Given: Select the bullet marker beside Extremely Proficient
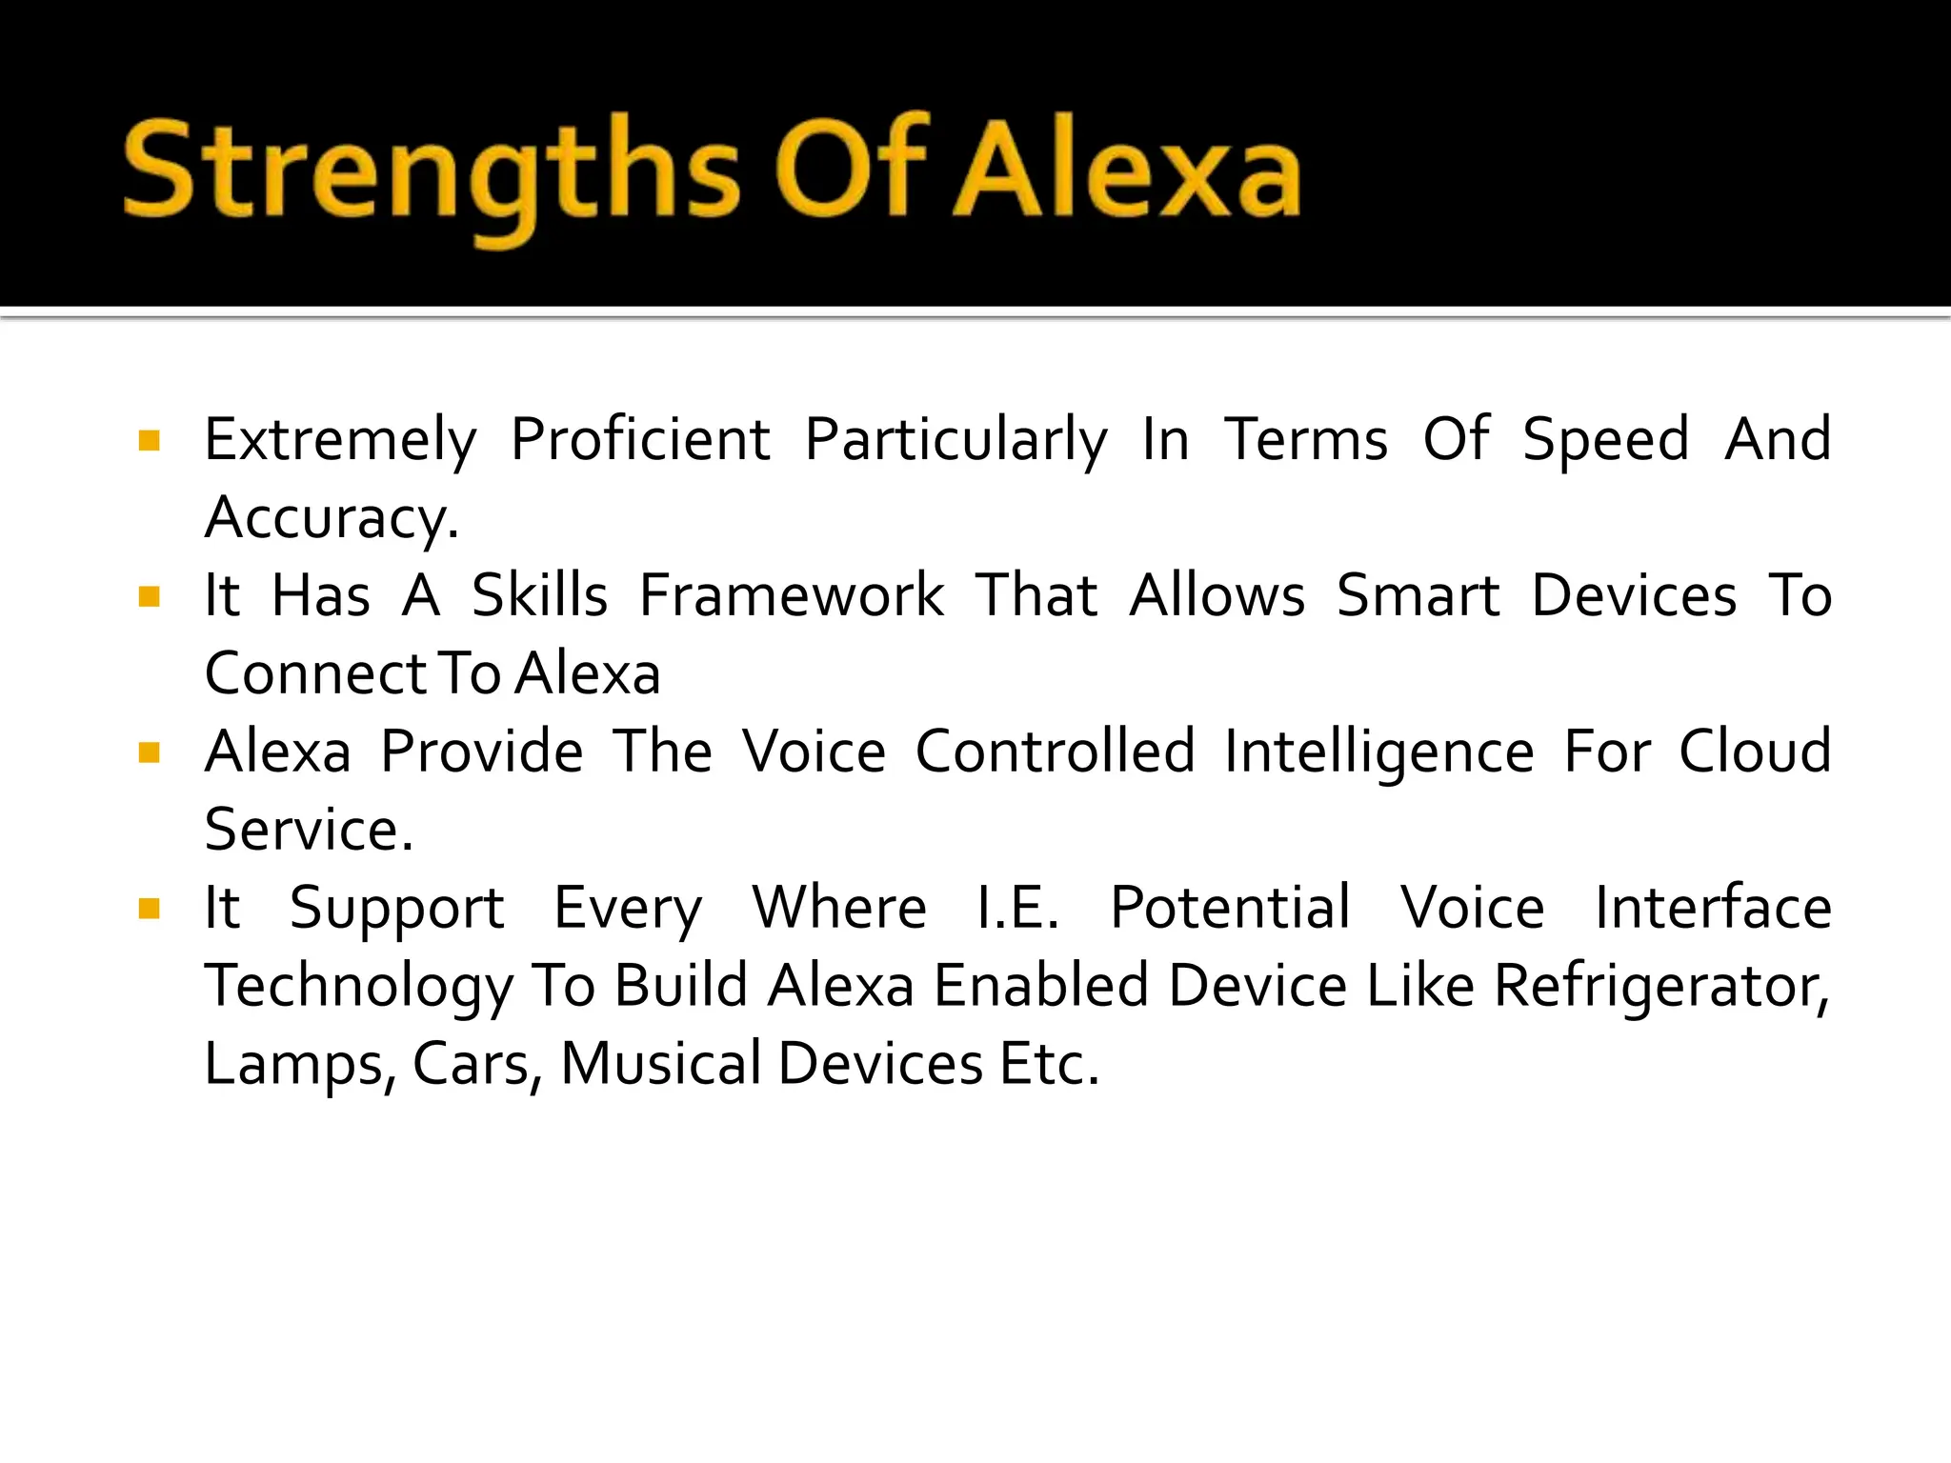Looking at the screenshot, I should (x=149, y=440).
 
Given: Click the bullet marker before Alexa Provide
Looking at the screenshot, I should (x=149, y=753).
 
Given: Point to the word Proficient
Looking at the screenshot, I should (x=640, y=440).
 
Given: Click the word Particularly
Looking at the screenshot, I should (x=955, y=442).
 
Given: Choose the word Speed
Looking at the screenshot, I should (x=1605, y=442).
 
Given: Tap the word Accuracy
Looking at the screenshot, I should (x=332, y=520).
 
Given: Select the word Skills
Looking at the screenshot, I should (x=539, y=596).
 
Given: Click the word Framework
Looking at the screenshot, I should (x=792, y=596).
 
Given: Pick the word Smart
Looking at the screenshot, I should (x=1418, y=596).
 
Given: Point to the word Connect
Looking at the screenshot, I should (x=314, y=674).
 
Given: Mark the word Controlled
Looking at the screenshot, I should (x=1055, y=752).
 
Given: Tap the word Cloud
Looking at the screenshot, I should (x=1755, y=752).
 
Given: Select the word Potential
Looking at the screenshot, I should (x=1230, y=908).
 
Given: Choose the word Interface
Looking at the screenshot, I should (x=1713, y=908).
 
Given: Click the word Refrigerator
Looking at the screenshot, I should (x=1660, y=987).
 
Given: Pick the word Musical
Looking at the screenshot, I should (x=661, y=1064).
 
